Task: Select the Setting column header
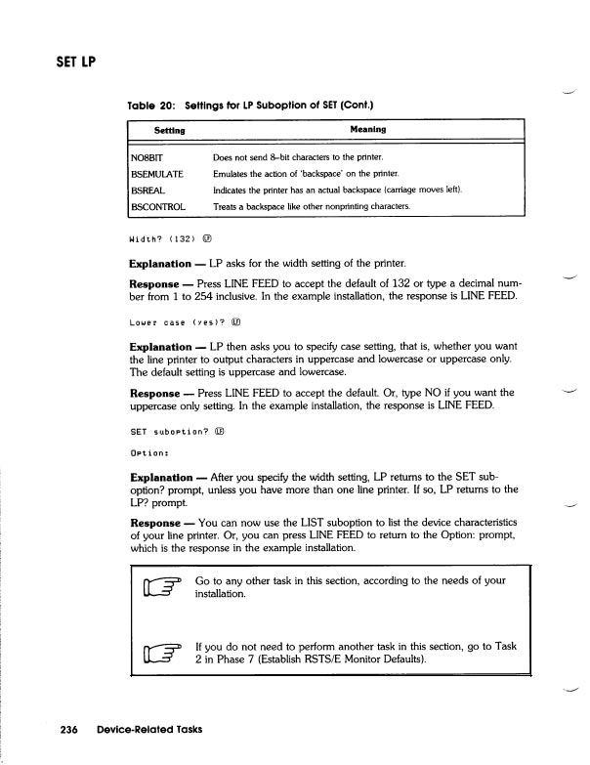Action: [x=170, y=129]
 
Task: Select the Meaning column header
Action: [x=367, y=129]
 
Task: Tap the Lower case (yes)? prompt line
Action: [x=172, y=320]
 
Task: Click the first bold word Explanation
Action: [x=160, y=264]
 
